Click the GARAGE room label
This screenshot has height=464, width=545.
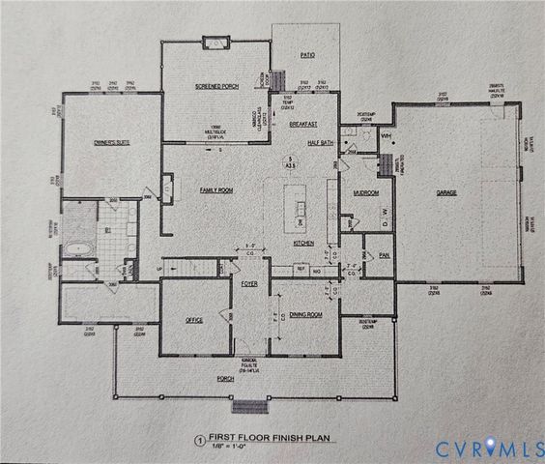(445, 193)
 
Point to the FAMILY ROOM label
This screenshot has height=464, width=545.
(217, 190)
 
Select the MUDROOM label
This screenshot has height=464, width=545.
(365, 192)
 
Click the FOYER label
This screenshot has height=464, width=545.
(249, 283)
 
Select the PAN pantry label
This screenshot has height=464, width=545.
(385, 255)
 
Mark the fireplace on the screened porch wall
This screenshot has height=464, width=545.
(215, 43)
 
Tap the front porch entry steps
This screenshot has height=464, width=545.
(249, 404)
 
